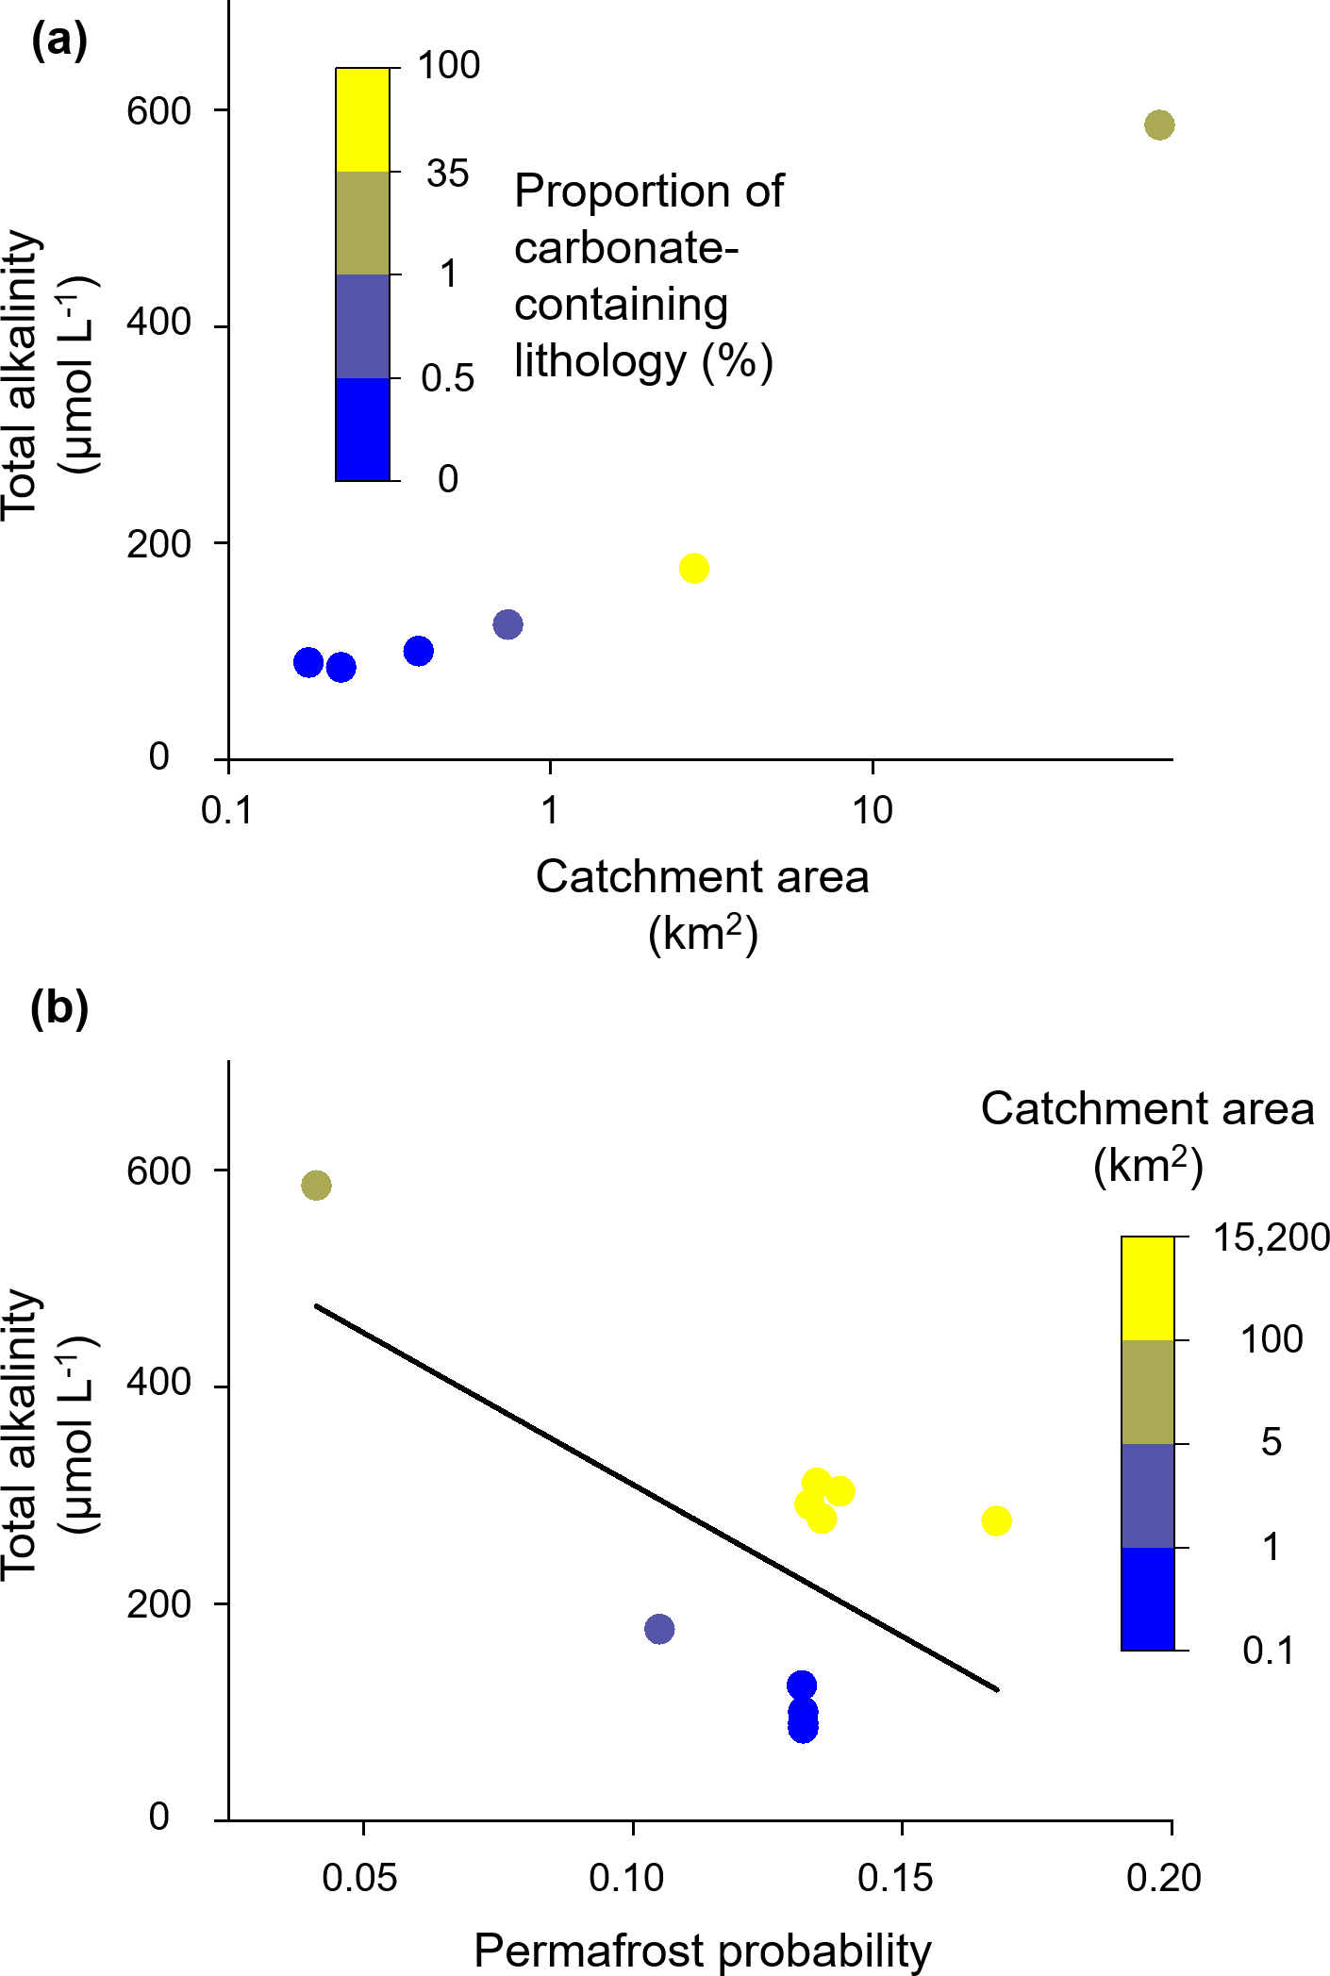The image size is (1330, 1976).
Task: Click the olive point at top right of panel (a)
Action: tap(1159, 125)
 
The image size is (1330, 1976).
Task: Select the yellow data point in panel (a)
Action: tap(693, 568)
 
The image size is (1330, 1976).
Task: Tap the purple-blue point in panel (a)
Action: tap(507, 623)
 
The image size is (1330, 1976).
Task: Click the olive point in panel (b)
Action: tap(316, 1186)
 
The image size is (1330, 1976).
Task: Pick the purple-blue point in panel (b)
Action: tap(659, 1628)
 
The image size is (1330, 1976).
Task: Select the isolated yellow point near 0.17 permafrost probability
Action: tap(996, 1520)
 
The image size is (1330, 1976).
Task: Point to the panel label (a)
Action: tap(59, 41)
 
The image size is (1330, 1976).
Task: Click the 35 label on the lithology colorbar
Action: tap(447, 174)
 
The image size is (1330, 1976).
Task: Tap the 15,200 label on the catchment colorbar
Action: tap(1271, 1237)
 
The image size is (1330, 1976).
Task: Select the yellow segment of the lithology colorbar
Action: tap(363, 120)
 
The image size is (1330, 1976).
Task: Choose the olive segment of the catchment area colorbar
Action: tap(1147, 1391)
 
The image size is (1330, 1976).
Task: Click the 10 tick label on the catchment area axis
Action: tap(873, 810)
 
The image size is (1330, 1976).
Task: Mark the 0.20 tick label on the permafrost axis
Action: tap(1163, 1877)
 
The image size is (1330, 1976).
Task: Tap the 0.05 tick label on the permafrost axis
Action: tap(359, 1877)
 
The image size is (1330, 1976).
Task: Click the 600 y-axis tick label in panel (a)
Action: tap(159, 111)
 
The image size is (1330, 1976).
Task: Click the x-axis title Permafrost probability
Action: tap(702, 1950)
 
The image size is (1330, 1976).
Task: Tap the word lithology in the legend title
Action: tap(600, 361)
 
